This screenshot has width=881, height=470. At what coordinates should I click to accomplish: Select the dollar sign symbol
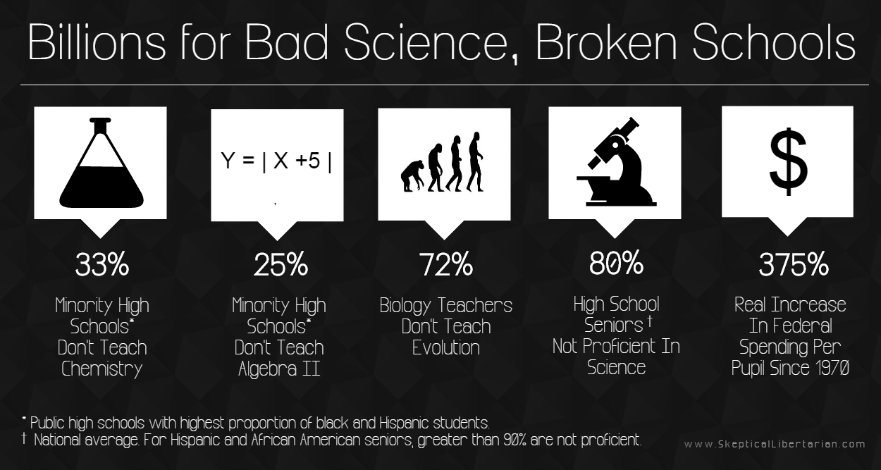point(788,162)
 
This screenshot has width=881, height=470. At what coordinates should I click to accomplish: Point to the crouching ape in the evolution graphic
point(413,175)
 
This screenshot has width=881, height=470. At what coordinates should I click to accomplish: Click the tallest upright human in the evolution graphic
point(475,161)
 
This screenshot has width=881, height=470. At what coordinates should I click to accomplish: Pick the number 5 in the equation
point(314,161)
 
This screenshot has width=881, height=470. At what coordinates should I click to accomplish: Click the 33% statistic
point(102,264)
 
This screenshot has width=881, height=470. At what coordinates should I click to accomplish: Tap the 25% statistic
point(281,264)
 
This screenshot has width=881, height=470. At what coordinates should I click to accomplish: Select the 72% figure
point(445,264)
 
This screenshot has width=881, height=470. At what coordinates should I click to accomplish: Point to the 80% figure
point(616,263)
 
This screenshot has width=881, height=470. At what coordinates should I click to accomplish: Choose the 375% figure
point(794,264)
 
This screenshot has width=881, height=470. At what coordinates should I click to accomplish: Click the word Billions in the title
point(97,42)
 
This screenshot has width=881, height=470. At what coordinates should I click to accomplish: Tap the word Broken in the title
point(606,42)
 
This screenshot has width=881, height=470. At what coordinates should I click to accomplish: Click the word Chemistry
point(102,369)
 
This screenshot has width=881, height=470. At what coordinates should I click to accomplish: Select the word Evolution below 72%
point(445,347)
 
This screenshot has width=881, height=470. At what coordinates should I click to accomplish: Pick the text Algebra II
point(279,369)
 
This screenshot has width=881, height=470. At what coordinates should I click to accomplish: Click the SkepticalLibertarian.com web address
point(775,444)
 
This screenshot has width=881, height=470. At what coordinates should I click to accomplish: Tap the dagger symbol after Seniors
point(650,321)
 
